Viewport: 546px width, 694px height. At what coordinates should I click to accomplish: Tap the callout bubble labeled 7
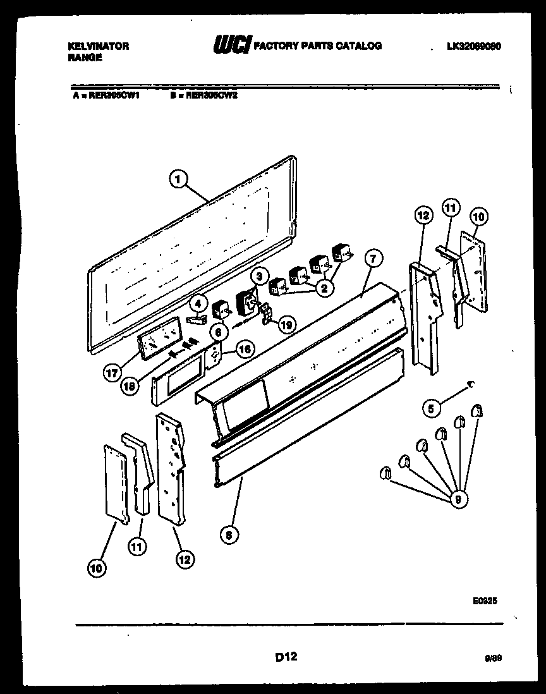click(x=373, y=259)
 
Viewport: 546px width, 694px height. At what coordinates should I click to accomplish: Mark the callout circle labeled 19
click(x=286, y=325)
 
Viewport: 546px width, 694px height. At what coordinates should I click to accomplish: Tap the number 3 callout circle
click(x=258, y=276)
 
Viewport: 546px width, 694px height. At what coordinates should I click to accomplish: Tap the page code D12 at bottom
click(x=286, y=657)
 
